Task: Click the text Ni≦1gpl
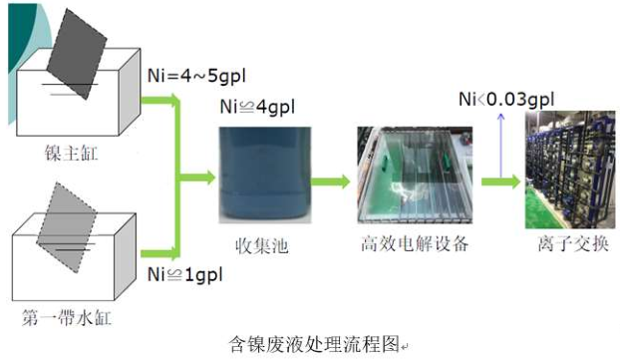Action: pos(183,272)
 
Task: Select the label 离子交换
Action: pos(566,244)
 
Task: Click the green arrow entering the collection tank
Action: pos(197,180)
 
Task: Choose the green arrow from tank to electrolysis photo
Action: pos(329,180)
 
